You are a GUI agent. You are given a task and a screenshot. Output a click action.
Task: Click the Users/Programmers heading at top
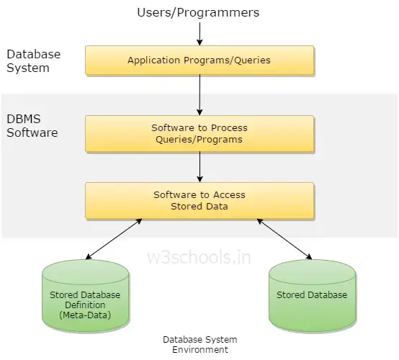(x=199, y=12)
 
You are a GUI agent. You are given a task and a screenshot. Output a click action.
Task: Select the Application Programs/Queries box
(x=199, y=60)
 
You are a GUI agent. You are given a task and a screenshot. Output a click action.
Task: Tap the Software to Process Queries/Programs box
(x=199, y=133)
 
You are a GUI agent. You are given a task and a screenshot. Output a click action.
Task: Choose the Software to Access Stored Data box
(x=199, y=200)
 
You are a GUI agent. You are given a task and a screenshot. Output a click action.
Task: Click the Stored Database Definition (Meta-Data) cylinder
(x=85, y=295)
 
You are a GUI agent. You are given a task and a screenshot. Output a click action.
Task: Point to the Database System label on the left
(x=33, y=61)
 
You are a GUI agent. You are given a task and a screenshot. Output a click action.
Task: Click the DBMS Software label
(x=32, y=126)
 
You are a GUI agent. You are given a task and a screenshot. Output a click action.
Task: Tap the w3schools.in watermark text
(x=199, y=257)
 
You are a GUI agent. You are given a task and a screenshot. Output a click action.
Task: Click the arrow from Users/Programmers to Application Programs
(x=199, y=33)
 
